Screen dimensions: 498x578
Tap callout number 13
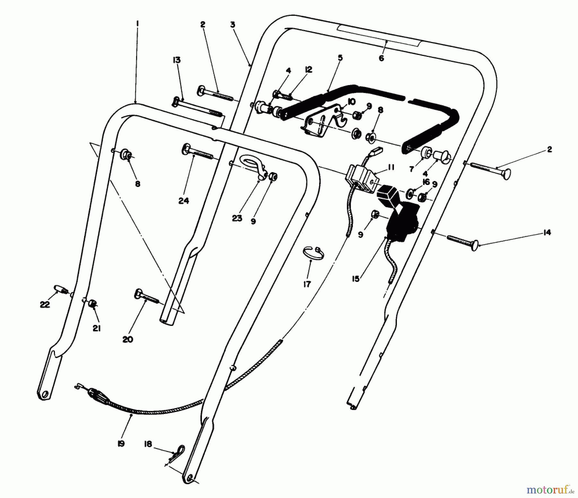tap(177, 60)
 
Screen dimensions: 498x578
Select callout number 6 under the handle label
tap(381, 58)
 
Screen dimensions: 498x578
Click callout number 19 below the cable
tap(121, 444)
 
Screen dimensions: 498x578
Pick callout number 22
tap(45, 304)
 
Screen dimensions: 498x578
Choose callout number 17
tap(307, 284)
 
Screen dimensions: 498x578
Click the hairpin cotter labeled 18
tap(177, 451)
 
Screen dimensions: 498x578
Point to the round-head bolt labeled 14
tap(462, 241)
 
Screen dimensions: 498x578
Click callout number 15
tap(355, 279)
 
